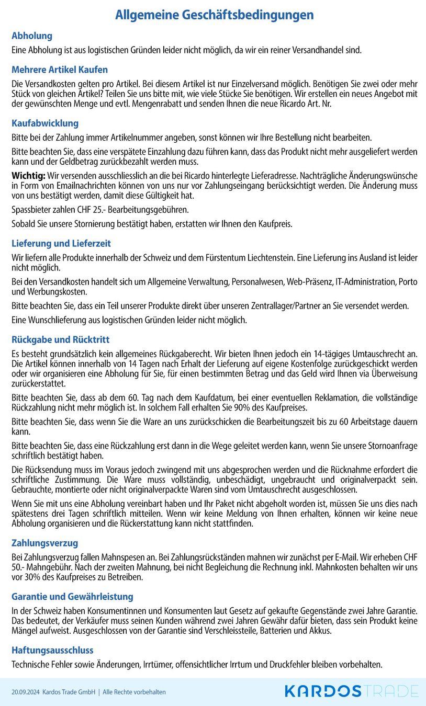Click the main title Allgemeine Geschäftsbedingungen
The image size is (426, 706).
pos(214,15)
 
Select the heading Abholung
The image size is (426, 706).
pos(32,36)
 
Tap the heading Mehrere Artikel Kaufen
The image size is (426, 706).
pos(60,70)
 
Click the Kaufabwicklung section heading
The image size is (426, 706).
pos(45,123)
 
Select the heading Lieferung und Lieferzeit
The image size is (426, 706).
pos(61,244)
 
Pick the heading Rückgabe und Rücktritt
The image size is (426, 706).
pos(61,340)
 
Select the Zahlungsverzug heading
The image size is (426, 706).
pos(45,543)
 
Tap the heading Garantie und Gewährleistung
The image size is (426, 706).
pos(72,597)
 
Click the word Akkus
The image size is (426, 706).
pos(320,631)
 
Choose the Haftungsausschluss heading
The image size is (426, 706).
pos(52,651)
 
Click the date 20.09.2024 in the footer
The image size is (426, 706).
pos(25,692)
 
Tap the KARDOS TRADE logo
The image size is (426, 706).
pos(351,691)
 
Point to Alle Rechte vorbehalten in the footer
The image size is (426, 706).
pos(134,692)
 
